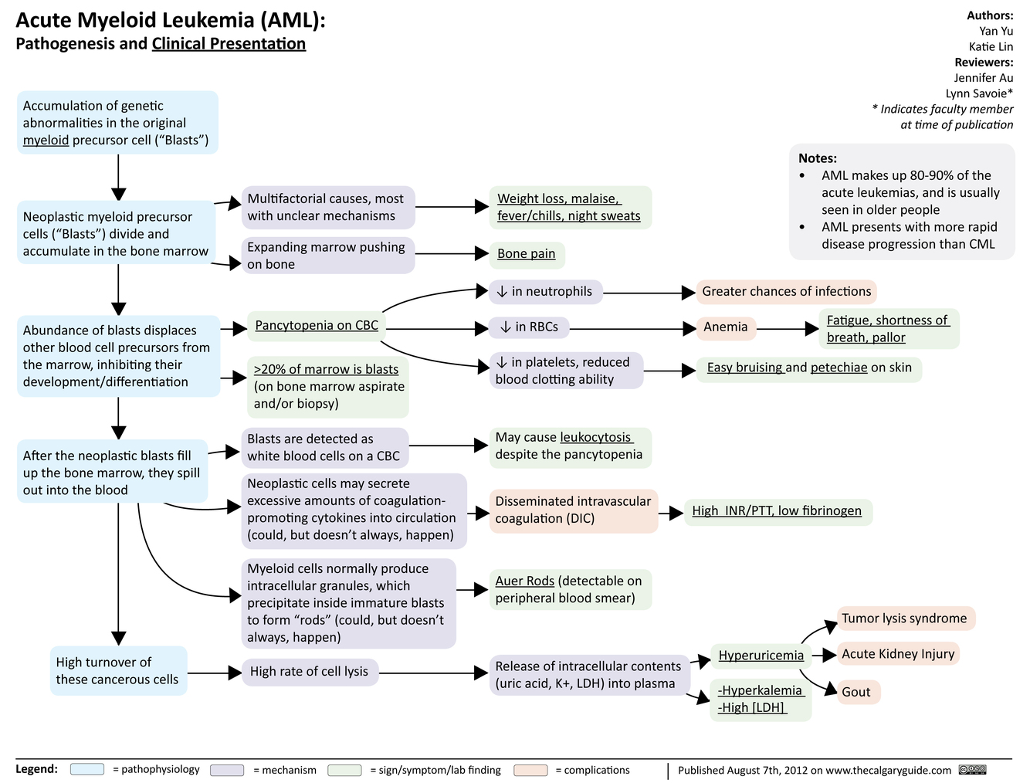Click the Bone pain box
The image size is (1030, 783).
(527, 254)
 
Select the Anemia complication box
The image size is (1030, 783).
(726, 327)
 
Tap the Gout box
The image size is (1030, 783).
(856, 692)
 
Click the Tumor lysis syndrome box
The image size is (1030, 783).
(904, 619)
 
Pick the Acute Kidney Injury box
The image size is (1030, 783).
(898, 654)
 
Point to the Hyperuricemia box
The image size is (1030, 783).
(761, 656)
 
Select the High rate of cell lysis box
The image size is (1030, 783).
(309, 672)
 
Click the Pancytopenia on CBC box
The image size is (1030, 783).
(317, 326)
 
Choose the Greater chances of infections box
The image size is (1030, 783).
(786, 292)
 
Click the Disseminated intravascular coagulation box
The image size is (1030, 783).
(573, 510)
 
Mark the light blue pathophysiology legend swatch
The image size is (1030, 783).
(86, 770)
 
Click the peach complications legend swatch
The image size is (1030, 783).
(530, 770)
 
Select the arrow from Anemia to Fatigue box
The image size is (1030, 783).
(788, 329)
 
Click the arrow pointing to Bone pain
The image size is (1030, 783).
(452, 254)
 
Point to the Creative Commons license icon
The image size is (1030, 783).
(972, 770)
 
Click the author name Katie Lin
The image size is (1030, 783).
(991, 46)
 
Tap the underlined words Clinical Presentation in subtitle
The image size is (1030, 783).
(229, 44)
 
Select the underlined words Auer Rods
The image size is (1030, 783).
(525, 581)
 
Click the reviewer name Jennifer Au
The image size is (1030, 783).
(983, 77)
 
